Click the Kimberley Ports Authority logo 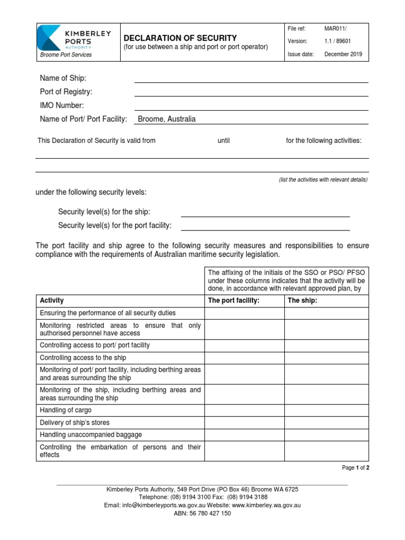[x=74, y=40]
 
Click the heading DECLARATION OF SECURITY [x=180, y=38]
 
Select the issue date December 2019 [x=343, y=54]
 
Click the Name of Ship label [x=63, y=78]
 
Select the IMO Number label [x=62, y=105]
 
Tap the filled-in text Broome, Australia [x=166, y=119]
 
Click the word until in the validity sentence [x=224, y=141]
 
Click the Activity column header [x=52, y=301]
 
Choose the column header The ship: [x=302, y=301]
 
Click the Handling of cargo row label [x=65, y=410]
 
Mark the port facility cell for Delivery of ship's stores [x=245, y=422]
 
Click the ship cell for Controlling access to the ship [x=326, y=358]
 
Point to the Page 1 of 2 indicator [x=355, y=468]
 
